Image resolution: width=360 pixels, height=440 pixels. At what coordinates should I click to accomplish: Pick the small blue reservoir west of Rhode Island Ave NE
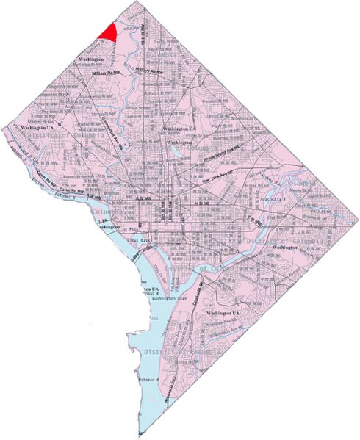[176, 154]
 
